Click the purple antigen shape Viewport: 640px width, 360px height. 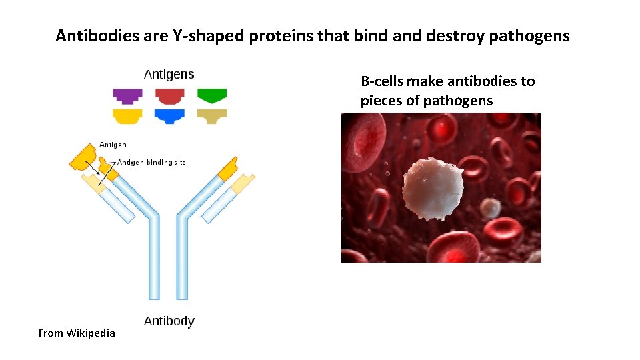point(127,96)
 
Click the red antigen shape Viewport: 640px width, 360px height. point(169,96)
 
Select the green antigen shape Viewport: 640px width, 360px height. point(212,95)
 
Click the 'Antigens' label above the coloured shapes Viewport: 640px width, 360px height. point(169,75)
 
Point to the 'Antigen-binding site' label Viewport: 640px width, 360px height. point(151,162)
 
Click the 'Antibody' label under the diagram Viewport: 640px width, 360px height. point(169,321)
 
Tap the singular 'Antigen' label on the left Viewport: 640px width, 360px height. point(113,145)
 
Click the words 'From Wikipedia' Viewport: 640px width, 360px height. point(77,333)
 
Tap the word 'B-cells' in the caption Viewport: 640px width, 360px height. point(382,81)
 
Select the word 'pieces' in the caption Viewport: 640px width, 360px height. point(381,101)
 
